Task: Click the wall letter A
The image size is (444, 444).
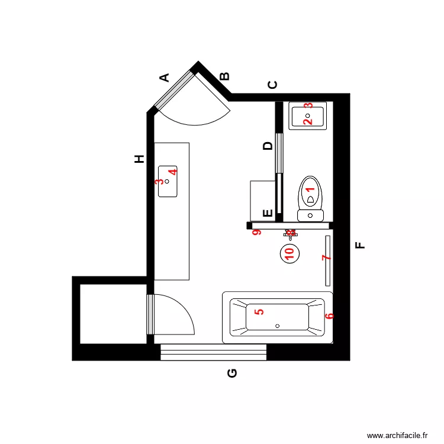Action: point(165,77)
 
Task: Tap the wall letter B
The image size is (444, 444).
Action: point(224,76)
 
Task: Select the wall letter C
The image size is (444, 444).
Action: point(272,85)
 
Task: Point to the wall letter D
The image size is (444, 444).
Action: point(268,146)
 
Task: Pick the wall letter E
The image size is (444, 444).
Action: point(268,213)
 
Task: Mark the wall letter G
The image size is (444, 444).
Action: point(232,373)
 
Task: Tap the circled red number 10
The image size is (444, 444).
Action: point(289,253)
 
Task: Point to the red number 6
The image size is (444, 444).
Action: point(330,316)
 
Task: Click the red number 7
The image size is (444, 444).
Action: point(324,258)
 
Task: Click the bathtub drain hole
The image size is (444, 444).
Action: point(278,326)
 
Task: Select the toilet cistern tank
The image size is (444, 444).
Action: point(310,215)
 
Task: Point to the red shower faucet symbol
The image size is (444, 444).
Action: point(290,233)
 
